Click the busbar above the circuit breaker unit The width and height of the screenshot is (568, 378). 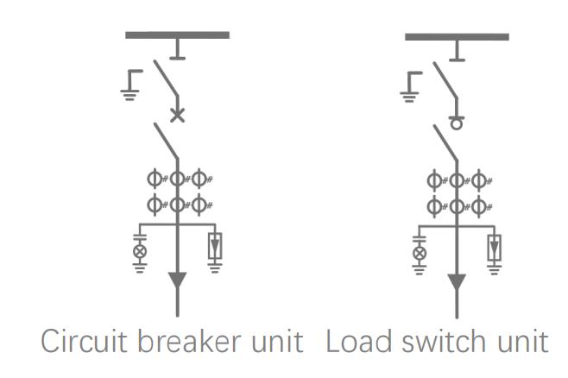pos(177,35)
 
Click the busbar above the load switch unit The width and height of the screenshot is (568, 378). pos(457,37)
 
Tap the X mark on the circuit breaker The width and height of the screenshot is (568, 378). pos(177,115)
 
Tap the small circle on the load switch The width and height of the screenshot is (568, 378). pos(457,123)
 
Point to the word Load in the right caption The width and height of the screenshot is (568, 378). pos(353,342)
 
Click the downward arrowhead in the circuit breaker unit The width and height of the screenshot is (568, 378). pos(177,281)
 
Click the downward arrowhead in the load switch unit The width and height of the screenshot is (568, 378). pos(457,282)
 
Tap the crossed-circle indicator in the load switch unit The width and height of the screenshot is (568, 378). pos(420,252)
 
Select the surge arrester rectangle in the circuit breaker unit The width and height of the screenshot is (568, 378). pos(214,247)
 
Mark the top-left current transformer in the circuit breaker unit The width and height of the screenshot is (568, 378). pos(156,180)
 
